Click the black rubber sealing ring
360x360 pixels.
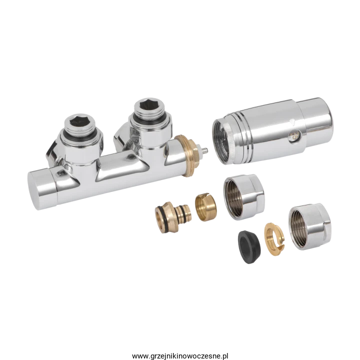[x=249, y=247]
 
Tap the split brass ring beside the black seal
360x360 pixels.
[x=274, y=236]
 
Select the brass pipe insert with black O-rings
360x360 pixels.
[x=173, y=217]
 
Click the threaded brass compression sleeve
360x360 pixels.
[x=205, y=207]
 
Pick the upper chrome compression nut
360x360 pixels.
[x=244, y=197]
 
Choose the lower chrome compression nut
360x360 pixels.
[x=309, y=226]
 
